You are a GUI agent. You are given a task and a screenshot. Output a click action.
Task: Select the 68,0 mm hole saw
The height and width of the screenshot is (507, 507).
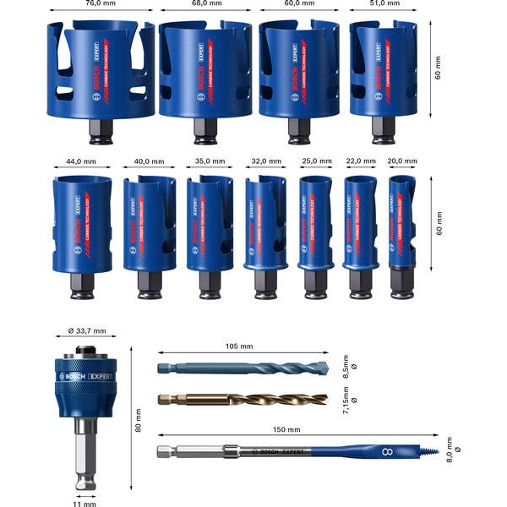point(205,72)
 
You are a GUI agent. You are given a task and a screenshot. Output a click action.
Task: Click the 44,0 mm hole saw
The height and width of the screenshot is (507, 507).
point(82,224)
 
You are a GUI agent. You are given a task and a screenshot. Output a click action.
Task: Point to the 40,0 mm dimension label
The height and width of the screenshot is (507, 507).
point(150,160)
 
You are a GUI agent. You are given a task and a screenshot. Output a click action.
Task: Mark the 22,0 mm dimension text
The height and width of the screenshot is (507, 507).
point(361,160)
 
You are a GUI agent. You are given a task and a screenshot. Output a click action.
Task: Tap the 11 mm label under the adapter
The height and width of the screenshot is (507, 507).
point(84,504)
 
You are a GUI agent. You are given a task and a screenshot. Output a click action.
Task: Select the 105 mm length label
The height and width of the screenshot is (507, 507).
point(239,346)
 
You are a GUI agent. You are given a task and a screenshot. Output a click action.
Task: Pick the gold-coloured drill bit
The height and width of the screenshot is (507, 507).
point(237,397)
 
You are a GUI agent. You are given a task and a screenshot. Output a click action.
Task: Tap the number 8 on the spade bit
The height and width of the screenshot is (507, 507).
point(388,455)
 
